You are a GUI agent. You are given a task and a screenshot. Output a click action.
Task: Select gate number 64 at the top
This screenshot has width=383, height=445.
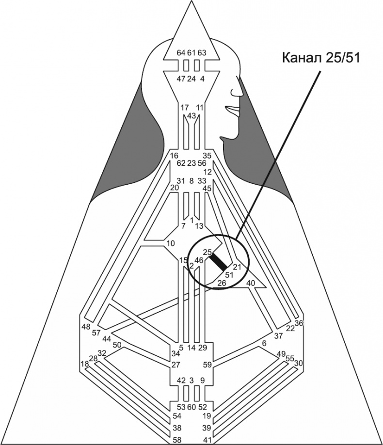[x=181, y=52]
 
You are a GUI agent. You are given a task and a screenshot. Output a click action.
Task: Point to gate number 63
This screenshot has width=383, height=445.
[x=202, y=52]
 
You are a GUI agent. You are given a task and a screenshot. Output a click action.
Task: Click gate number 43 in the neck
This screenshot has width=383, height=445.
[x=191, y=115]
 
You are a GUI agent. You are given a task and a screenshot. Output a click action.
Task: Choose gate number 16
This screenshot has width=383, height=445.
[x=175, y=156]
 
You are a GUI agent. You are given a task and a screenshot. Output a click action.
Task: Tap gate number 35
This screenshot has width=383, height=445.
[x=207, y=156]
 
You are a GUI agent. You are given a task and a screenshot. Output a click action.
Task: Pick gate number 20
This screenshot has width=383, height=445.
[x=175, y=188]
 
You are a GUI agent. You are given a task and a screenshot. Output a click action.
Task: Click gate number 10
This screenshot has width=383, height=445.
[x=170, y=243]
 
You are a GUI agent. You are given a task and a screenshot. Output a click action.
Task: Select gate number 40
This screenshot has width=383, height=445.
[x=251, y=283]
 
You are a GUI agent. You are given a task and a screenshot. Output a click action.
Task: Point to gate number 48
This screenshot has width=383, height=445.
[x=86, y=327]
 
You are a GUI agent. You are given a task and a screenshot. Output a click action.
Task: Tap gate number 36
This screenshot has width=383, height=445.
[x=299, y=323]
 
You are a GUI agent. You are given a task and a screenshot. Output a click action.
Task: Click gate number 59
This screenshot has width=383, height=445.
[x=207, y=365]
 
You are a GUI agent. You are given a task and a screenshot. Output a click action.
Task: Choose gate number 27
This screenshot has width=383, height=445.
[x=176, y=365]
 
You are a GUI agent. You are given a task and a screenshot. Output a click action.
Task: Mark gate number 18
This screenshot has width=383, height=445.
[x=85, y=364]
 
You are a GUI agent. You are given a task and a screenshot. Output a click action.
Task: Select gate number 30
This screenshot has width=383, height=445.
[x=299, y=363]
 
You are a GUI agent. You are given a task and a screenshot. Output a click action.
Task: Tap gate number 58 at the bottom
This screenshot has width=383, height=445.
[x=178, y=440]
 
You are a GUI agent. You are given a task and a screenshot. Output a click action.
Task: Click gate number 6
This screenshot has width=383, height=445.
[x=264, y=343]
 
